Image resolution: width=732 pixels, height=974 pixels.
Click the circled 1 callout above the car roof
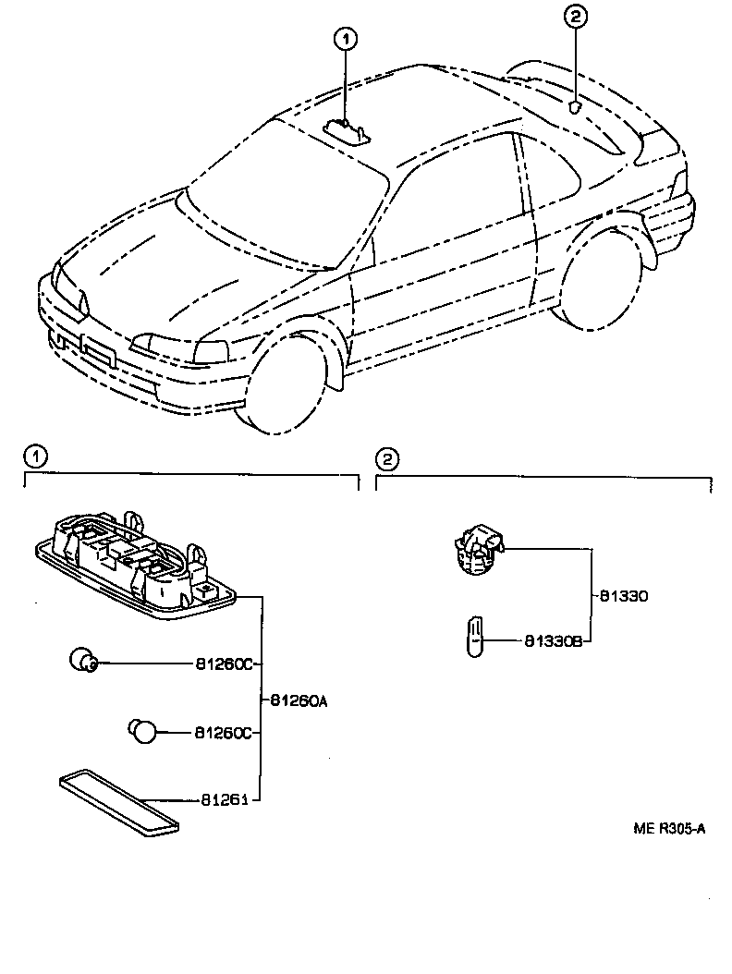(x=345, y=39)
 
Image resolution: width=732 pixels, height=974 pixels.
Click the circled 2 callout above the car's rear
(x=574, y=16)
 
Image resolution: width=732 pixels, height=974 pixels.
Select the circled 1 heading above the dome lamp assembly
(x=33, y=457)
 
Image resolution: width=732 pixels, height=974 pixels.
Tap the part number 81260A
(x=299, y=700)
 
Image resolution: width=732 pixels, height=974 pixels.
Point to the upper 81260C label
(x=223, y=664)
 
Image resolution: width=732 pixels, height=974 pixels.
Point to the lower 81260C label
(x=223, y=732)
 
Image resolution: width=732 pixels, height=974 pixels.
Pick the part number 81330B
(x=553, y=640)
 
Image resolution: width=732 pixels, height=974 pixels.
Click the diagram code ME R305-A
(x=668, y=828)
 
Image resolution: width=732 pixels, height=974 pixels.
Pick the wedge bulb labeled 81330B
(x=475, y=639)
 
